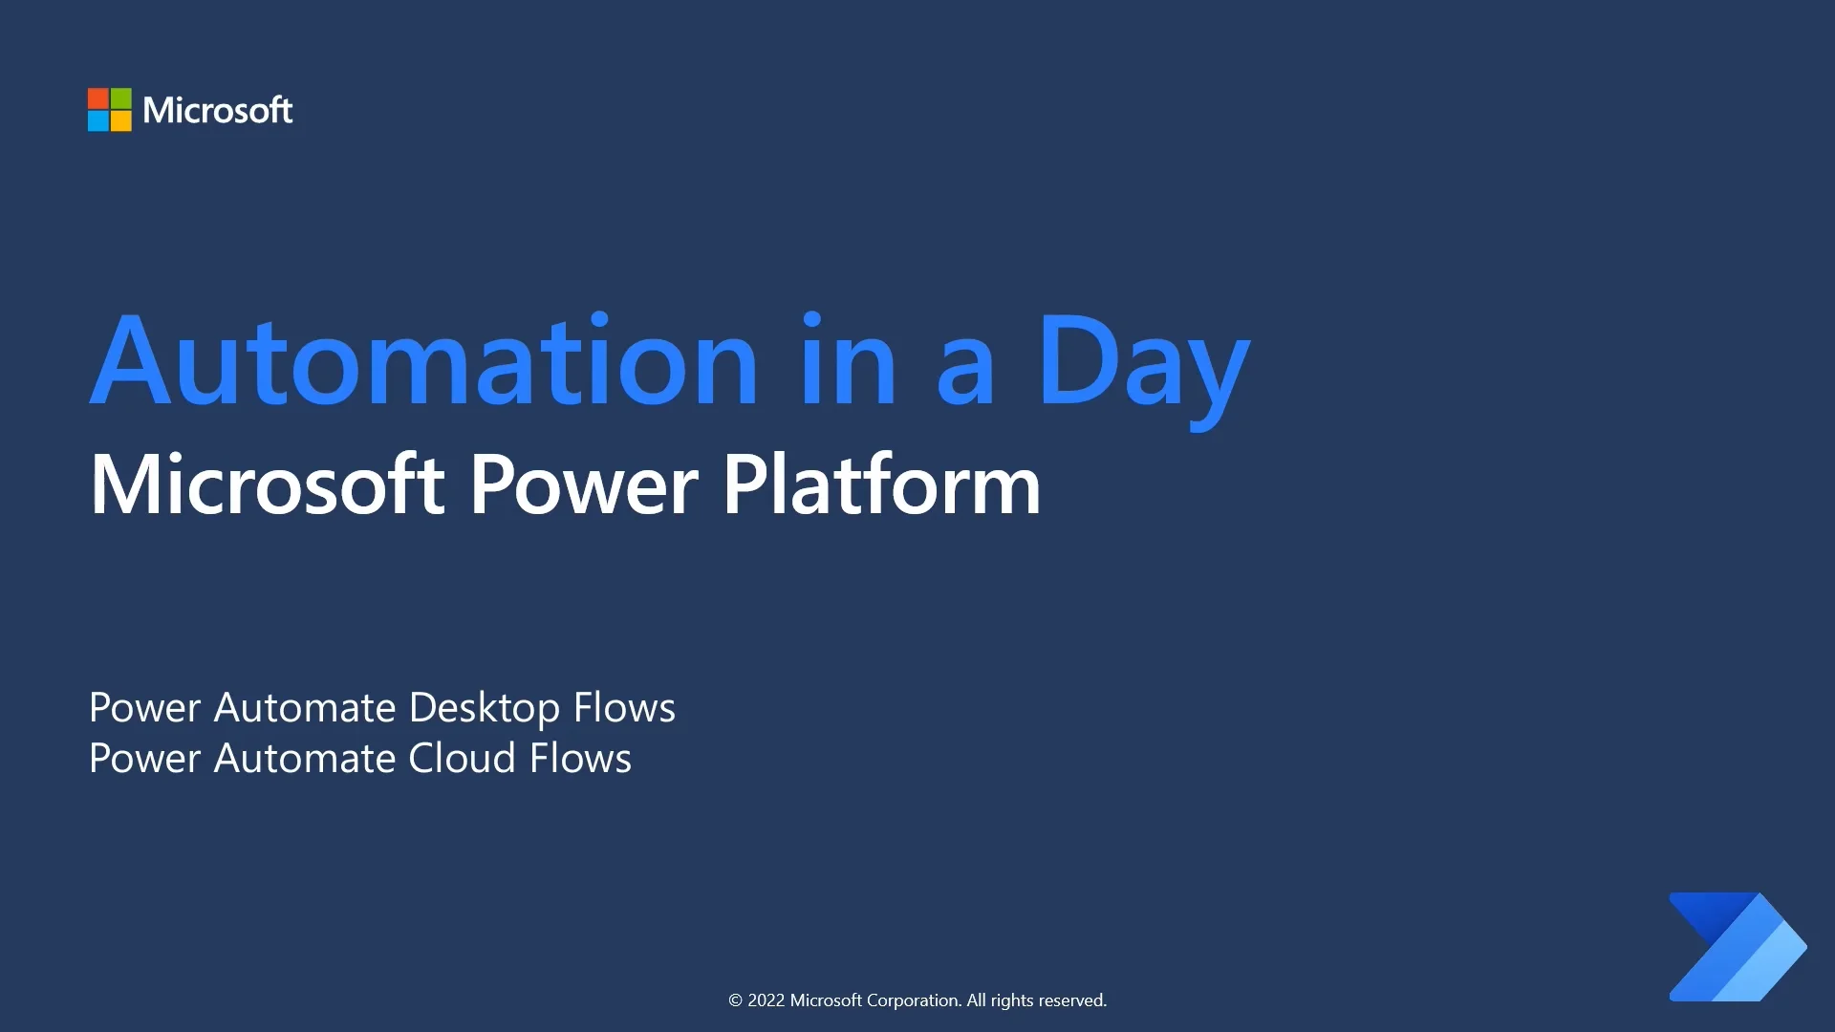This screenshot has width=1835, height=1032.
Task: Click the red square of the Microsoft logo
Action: (98, 98)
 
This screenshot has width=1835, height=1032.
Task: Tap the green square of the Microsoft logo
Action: (121, 98)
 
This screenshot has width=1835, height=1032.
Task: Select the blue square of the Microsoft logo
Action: (98, 121)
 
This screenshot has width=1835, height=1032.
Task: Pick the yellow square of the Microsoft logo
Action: (121, 121)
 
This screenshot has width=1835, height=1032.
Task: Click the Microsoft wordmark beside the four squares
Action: (218, 111)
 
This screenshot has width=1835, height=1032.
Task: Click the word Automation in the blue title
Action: (424, 361)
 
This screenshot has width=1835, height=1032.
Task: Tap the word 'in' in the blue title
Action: (848, 361)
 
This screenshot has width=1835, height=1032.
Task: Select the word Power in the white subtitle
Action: (583, 485)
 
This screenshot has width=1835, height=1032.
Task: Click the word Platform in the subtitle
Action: (880, 485)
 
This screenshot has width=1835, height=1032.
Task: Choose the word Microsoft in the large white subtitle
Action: (267, 485)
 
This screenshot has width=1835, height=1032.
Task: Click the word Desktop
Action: (484, 709)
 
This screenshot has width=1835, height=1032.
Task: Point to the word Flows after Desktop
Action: (624, 708)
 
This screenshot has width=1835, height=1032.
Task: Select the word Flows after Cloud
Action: (580, 759)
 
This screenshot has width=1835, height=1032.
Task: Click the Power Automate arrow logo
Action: (1737, 947)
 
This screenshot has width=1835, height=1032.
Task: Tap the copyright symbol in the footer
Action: (735, 1000)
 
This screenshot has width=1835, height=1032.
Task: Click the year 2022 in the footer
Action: (766, 1000)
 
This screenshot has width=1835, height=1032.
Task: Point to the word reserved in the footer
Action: (1072, 1000)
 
